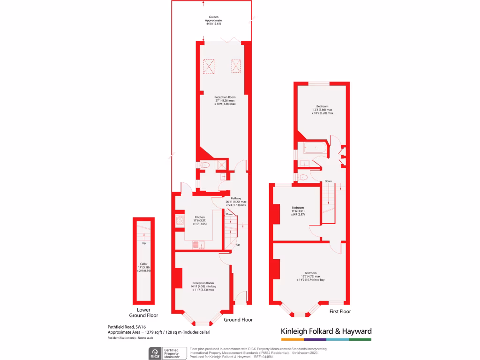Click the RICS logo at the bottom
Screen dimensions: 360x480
154,352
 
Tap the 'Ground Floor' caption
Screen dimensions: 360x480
238,320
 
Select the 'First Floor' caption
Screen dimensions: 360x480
340,311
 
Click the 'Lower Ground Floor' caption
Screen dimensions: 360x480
143,313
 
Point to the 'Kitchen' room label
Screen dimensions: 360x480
200,217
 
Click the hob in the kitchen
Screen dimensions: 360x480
180,221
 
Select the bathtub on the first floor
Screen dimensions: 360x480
315,149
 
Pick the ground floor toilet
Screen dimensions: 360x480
205,165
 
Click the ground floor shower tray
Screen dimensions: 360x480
221,165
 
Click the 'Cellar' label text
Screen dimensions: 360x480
143,264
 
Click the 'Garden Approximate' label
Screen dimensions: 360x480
213,19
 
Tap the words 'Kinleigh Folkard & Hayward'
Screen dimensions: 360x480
326,331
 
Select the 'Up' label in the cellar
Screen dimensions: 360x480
144,243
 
